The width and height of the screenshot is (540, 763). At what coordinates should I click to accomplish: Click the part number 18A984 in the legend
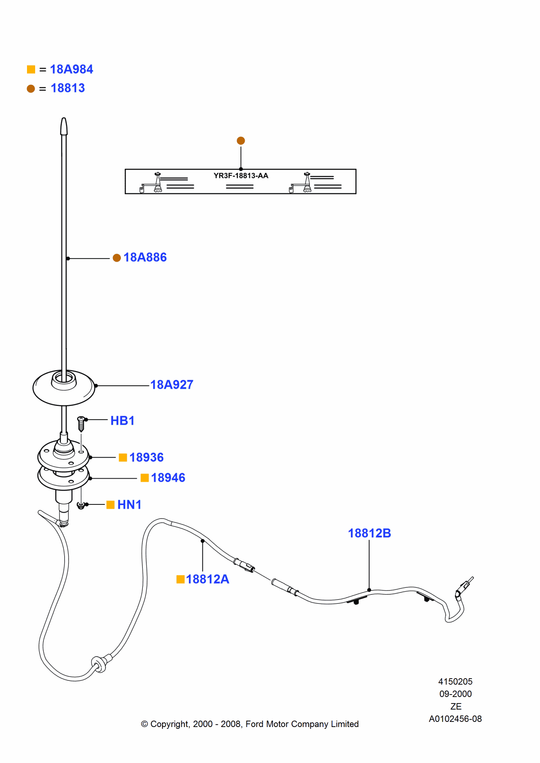pyautogui.click(x=71, y=69)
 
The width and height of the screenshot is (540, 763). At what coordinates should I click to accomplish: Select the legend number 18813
pyautogui.click(x=68, y=88)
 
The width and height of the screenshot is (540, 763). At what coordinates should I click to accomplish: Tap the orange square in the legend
pyautogui.click(x=31, y=69)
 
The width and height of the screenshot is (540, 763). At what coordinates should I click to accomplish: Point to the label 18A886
pyautogui.click(x=145, y=257)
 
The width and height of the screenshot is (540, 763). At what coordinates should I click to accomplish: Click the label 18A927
pyautogui.click(x=171, y=385)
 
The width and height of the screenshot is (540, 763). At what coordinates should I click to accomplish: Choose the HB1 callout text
pyautogui.click(x=122, y=421)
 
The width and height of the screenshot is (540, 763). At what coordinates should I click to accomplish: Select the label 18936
pyautogui.click(x=146, y=458)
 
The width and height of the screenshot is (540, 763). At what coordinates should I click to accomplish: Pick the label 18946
pyautogui.click(x=168, y=478)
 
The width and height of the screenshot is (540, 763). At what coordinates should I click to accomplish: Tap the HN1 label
pyautogui.click(x=129, y=505)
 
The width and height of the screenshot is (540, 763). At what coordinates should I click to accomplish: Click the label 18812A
pyautogui.click(x=207, y=579)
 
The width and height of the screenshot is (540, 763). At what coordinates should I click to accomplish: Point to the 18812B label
pyautogui.click(x=369, y=534)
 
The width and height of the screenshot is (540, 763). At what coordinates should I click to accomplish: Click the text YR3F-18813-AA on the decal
pyautogui.click(x=241, y=176)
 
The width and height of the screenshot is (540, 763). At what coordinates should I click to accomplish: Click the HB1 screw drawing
pyautogui.click(x=81, y=423)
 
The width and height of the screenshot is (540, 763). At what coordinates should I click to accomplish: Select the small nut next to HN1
pyautogui.click(x=81, y=506)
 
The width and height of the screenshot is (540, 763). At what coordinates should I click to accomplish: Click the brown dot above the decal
pyautogui.click(x=241, y=140)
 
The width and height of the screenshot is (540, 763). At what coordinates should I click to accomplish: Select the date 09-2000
pyautogui.click(x=455, y=694)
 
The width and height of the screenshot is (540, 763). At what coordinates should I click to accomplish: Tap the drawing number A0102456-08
pyautogui.click(x=455, y=719)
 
